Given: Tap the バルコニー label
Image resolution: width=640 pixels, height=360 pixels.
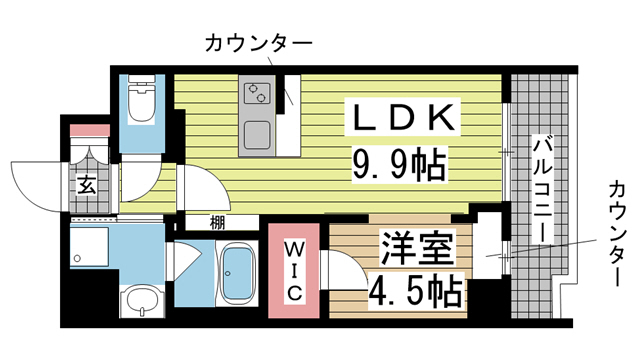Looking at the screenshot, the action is tap(540, 190).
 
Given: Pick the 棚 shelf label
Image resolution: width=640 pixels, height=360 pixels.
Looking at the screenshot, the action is tap(217, 223).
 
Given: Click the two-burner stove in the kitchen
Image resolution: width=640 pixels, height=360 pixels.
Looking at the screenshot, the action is tap(256, 95).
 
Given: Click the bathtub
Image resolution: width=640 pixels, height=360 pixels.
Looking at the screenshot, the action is tap(239, 274).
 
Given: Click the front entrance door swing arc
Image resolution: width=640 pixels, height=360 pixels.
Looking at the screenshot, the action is tap(38, 182).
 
